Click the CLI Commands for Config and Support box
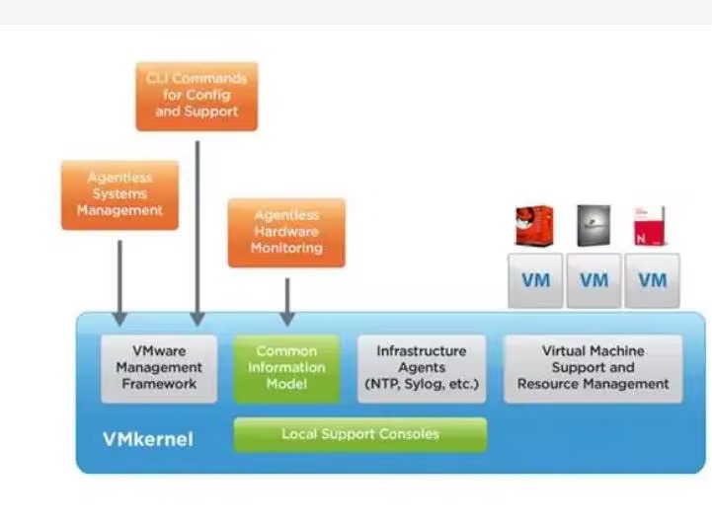pos(197,96)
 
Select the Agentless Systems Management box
pos(119,195)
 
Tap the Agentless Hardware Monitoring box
pos(286,233)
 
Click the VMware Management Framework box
pos(159,368)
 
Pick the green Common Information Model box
pos(286,368)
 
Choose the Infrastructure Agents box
pos(422,368)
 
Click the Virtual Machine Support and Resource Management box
pos(593,368)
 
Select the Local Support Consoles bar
pos(359,434)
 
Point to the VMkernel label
pos(148,439)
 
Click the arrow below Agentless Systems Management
pos(119,281)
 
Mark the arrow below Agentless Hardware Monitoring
pos(286,301)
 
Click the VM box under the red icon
pos(535,280)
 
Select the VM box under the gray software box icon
pos(593,280)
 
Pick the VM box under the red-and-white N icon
pos(652,280)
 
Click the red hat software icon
pos(534,226)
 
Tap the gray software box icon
pos(593,226)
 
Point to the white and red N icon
pos(650,226)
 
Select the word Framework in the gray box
pos(159,384)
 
